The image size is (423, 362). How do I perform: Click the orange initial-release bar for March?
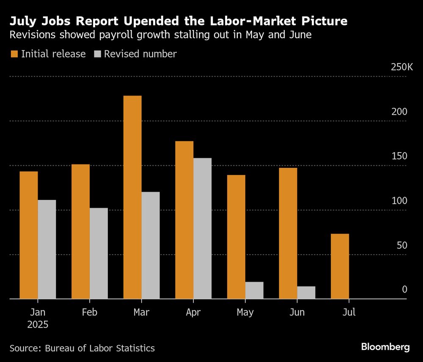click(132, 197)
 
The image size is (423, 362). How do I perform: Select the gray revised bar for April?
click(202, 228)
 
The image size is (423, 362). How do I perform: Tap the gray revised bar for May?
click(254, 291)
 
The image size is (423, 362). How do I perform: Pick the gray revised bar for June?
click(306, 293)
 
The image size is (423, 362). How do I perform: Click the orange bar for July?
click(340, 266)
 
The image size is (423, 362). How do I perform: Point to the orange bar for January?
click(29, 235)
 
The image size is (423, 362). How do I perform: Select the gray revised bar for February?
click(99, 253)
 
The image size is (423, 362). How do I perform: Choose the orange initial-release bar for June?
click(288, 233)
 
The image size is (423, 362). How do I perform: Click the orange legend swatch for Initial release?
click(14, 54)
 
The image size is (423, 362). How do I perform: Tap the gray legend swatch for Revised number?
click(97, 54)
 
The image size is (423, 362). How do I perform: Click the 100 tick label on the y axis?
click(399, 201)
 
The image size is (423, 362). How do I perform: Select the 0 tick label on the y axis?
click(404, 290)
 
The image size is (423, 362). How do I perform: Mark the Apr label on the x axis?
click(193, 313)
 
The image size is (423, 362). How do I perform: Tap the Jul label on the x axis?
click(349, 313)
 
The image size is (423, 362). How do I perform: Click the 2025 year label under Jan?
click(38, 325)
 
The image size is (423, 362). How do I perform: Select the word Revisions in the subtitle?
click(32, 35)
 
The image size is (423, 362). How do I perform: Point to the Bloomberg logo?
click(385, 347)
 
